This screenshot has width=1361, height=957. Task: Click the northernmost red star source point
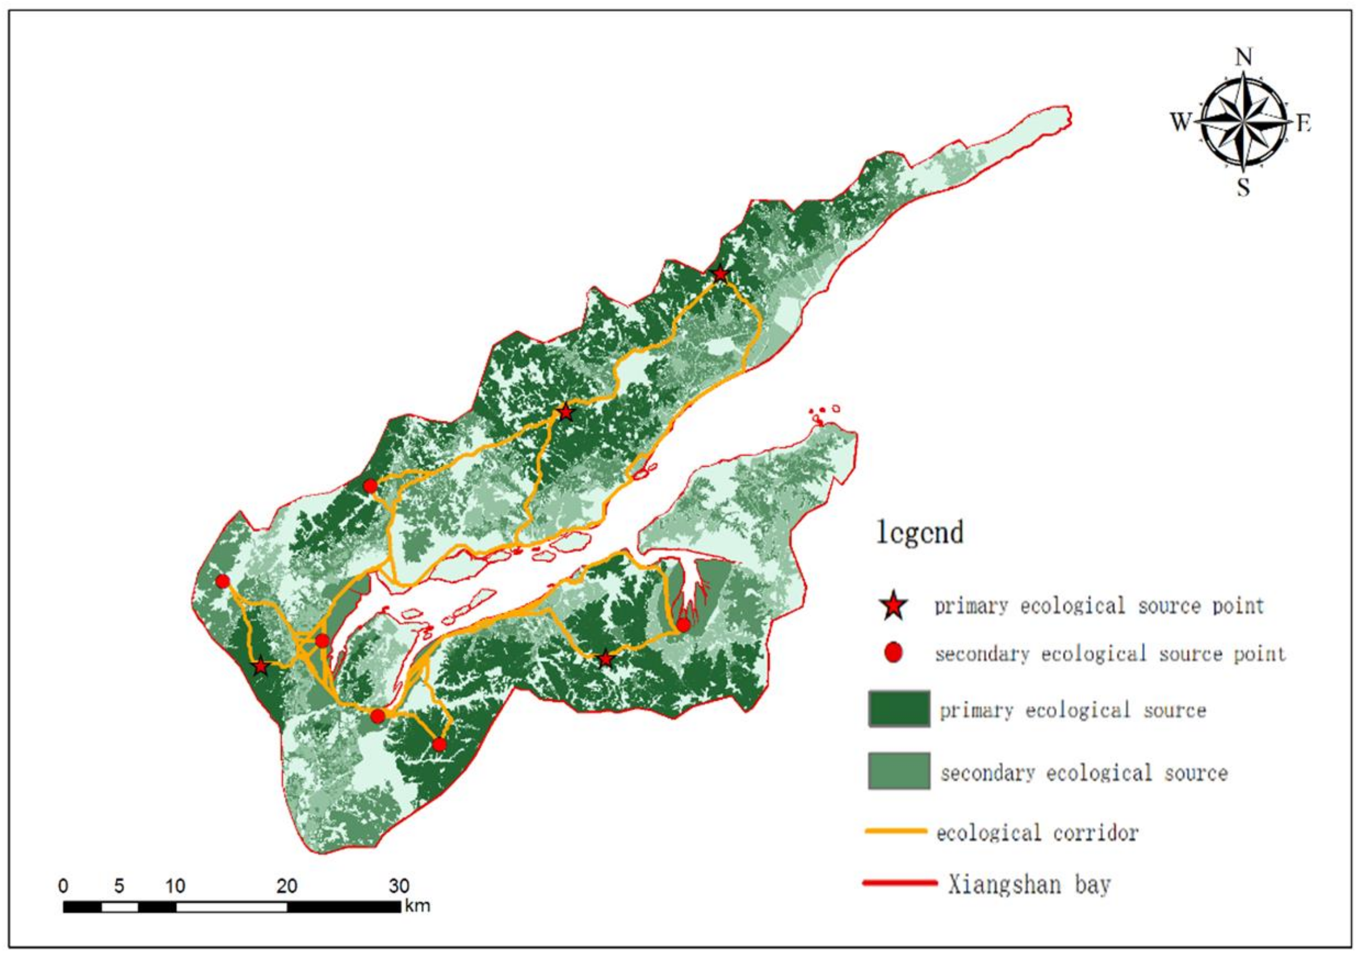tap(720, 274)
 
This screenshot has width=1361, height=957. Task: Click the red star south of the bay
tap(605, 659)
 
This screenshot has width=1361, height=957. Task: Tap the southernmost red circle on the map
tap(439, 744)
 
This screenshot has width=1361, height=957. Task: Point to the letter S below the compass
tap(1243, 188)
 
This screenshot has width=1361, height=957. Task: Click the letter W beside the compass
tap(1180, 123)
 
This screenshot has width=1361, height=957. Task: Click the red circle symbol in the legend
tap(893, 653)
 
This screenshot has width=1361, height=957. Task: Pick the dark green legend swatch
tap(899, 709)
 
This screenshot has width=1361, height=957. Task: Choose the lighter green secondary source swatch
tap(899, 771)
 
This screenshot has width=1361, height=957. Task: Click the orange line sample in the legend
tap(896, 831)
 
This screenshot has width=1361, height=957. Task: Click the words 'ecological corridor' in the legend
tap(1038, 833)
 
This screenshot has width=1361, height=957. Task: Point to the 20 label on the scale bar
tap(287, 886)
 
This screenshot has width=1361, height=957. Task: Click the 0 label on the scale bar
tap(64, 886)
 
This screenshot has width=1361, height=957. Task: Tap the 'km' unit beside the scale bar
tap(417, 906)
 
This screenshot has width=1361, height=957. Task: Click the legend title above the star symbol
tap(920, 532)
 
